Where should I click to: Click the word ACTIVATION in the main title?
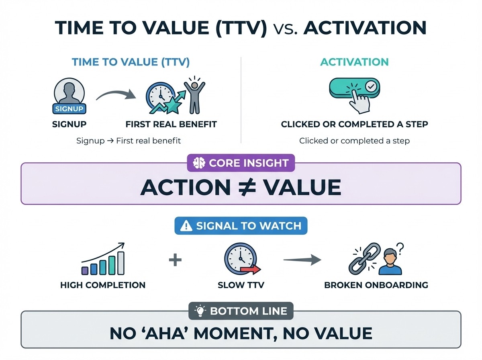(x=365, y=28)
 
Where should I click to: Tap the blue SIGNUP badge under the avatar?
(x=69, y=109)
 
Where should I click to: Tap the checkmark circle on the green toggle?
(x=370, y=86)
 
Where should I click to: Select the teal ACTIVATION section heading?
(x=354, y=62)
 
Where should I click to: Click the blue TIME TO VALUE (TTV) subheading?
(x=131, y=62)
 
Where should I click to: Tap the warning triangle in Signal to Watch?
(x=186, y=226)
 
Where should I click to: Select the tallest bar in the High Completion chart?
(x=120, y=263)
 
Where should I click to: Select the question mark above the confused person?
(x=400, y=247)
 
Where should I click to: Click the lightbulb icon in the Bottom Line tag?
(x=200, y=311)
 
